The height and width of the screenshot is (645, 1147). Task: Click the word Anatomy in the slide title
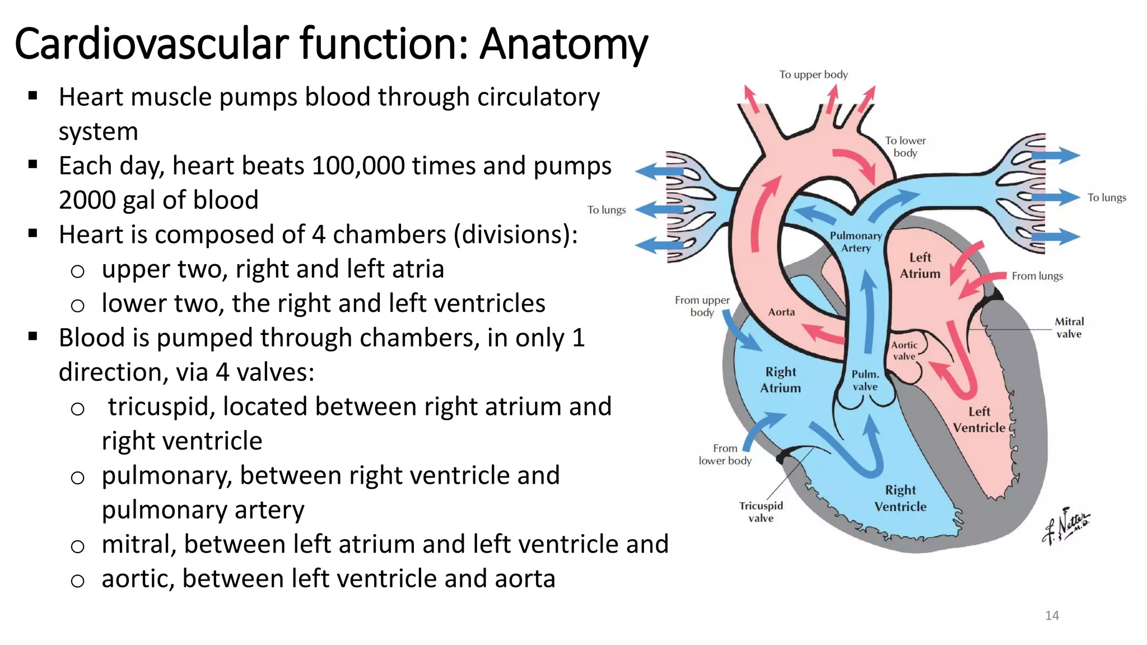pyautogui.click(x=563, y=45)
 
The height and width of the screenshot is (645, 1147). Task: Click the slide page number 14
pyautogui.click(x=1052, y=616)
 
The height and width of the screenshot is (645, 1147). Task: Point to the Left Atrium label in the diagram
pyautogui.click(x=920, y=266)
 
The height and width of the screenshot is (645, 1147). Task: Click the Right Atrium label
pyautogui.click(x=781, y=380)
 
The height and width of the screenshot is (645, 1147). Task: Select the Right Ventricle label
pyautogui.click(x=901, y=498)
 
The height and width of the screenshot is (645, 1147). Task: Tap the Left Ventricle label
pyautogui.click(x=980, y=420)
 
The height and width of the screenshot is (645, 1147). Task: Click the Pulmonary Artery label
pyautogui.click(x=856, y=242)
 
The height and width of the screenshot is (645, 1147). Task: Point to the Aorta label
pyautogui.click(x=781, y=312)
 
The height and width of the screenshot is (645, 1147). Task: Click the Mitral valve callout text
pyautogui.click(x=1069, y=328)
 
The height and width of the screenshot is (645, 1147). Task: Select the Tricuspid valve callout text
pyautogui.click(x=761, y=512)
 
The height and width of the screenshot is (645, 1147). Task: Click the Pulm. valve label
pyautogui.click(x=865, y=381)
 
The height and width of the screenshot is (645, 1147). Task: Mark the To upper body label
pyautogui.click(x=813, y=75)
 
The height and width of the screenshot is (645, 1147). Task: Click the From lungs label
pyautogui.click(x=1037, y=276)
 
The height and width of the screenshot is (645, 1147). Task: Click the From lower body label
pyautogui.click(x=725, y=455)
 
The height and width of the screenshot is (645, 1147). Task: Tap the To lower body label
pyautogui.click(x=905, y=147)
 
